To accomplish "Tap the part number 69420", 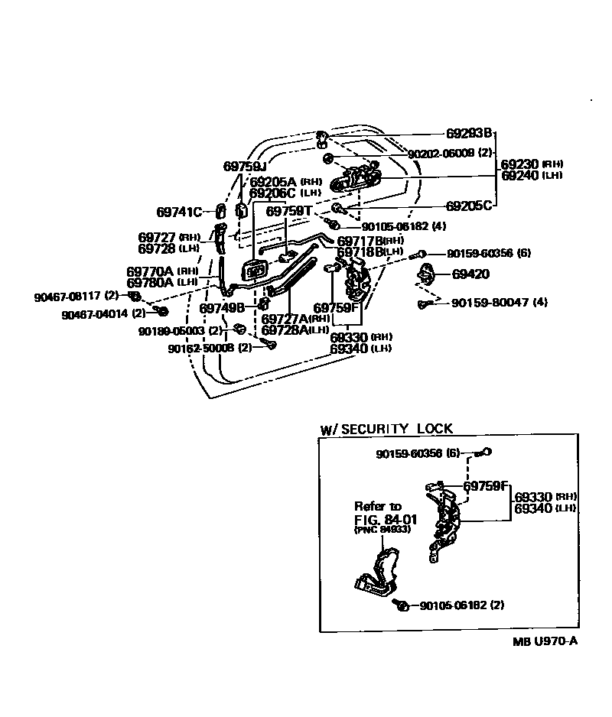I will pos(470,274).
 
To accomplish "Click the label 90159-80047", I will pos(490,303).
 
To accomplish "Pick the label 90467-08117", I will pos(67,295).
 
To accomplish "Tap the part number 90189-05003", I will pos(172,331).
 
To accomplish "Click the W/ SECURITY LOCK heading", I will pos(386,429).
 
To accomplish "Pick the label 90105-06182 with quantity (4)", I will pos(393,226).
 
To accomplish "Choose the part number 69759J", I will pos(244,166).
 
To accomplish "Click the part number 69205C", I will pos(469,206).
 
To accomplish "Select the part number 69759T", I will pos(289,211).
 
